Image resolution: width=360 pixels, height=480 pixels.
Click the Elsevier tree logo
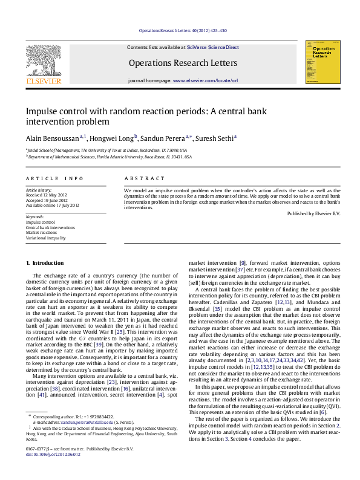43,61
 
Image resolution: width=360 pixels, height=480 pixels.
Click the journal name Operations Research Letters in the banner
183,62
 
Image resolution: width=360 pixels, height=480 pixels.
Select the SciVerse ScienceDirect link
213,47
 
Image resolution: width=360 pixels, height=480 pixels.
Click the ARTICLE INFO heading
54,179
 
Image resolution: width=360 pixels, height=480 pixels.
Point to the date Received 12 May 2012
48,195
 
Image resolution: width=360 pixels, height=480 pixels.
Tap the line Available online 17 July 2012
52,205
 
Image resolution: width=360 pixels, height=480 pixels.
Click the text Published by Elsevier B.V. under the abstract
313,213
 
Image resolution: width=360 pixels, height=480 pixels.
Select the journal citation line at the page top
183,31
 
